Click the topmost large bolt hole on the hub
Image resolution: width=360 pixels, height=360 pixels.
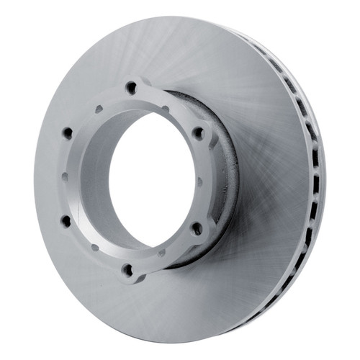coord(131,87)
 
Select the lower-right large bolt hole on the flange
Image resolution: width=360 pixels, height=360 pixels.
coord(196,228)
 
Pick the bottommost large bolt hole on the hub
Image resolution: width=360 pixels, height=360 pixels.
coord(128,270)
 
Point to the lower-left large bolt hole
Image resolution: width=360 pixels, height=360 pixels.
coord(66,221)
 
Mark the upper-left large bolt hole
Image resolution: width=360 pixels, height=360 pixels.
coord(68,133)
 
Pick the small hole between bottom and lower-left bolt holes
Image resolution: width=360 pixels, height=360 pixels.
coord(94,247)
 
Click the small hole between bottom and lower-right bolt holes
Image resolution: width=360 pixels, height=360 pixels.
coord(163,252)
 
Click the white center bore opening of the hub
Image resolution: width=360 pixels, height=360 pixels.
coord(148,180)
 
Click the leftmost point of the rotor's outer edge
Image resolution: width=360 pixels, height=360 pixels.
coord(34,180)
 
